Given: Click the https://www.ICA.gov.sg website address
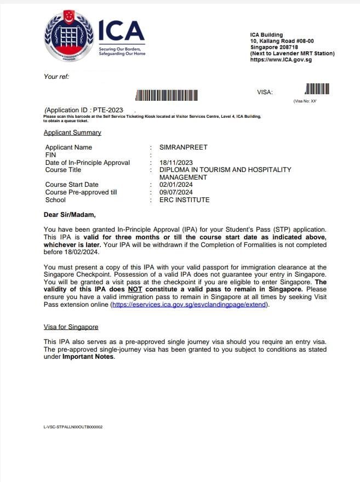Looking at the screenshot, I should pyautogui.click(x=281, y=60).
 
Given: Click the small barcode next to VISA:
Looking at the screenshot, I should pyautogui.click(x=317, y=89).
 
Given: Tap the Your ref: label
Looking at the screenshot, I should pyautogui.click(x=56, y=77).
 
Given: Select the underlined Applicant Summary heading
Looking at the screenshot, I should pyautogui.click(x=72, y=133).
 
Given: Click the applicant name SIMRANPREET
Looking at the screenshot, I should pyautogui.click(x=183, y=147).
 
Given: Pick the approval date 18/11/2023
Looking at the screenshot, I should pyautogui.click(x=176, y=163).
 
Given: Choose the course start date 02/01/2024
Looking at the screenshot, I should pyautogui.click(x=176, y=185).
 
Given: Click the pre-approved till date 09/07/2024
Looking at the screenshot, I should pyautogui.click(x=176, y=192).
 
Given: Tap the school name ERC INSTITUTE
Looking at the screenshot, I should pyautogui.click(x=184, y=200).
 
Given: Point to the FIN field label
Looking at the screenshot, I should pyautogui.click(x=51, y=155).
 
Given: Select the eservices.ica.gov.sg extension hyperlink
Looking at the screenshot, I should pyautogui.click(x=190, y=305).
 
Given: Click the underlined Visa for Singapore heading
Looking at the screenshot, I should pyautogui.click(x=71, y=327).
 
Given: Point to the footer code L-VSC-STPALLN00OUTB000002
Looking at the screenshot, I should pyautogui.click(x=73, y=427).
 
